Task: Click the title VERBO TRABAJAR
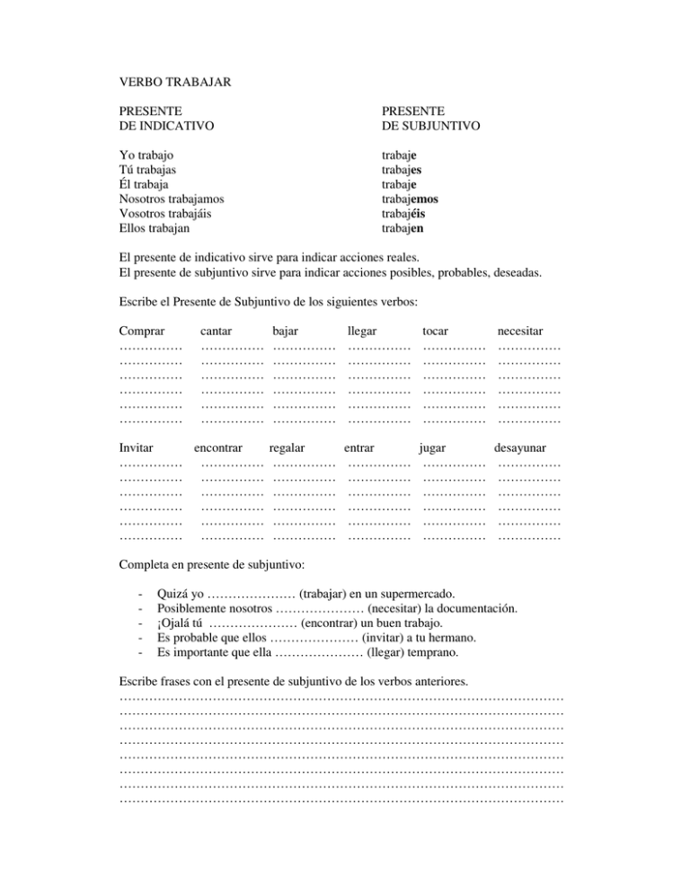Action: click(x=176, y=82)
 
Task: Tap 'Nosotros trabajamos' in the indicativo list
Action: click(x=172, y=199)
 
